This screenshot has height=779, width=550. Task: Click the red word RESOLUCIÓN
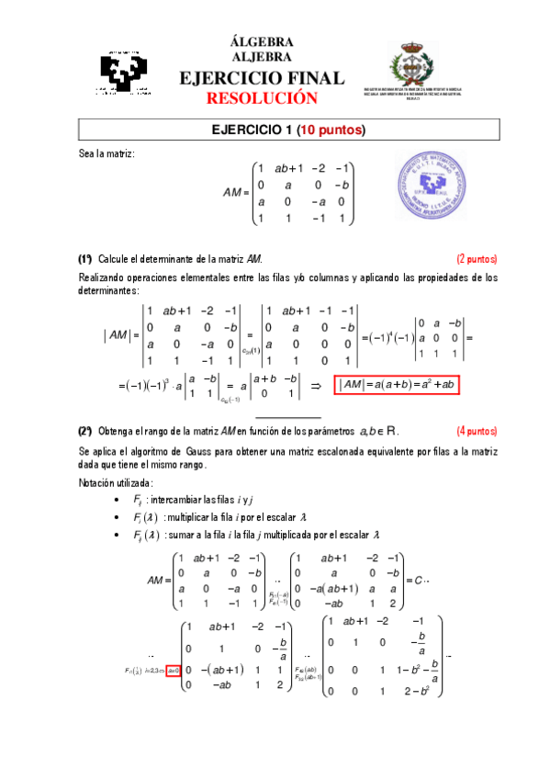point(262,98)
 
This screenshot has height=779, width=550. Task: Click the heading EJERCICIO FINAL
point(262,78)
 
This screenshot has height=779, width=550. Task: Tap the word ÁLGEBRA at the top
point(262,42)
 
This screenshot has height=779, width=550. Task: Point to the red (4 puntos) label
point(477,431)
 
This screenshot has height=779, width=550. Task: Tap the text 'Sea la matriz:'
point(107,153)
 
